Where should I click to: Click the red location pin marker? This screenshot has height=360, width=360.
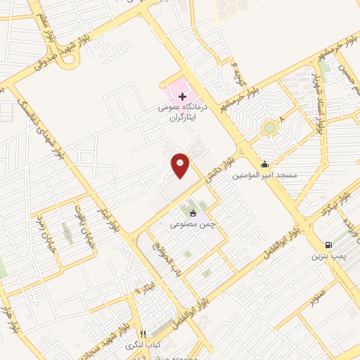(x=181, y=165)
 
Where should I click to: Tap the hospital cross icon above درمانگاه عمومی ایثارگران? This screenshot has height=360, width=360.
(x=182, y=96)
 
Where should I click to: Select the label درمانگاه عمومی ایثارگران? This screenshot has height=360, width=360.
(x=182, y=114)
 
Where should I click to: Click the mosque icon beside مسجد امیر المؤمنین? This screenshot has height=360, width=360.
(x=264, y=165)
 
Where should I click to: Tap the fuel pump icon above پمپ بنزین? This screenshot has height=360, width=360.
(x=328, y=245)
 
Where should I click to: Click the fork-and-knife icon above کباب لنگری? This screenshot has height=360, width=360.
(x=143, y=335)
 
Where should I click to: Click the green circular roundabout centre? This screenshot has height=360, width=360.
(x=269, y=129)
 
